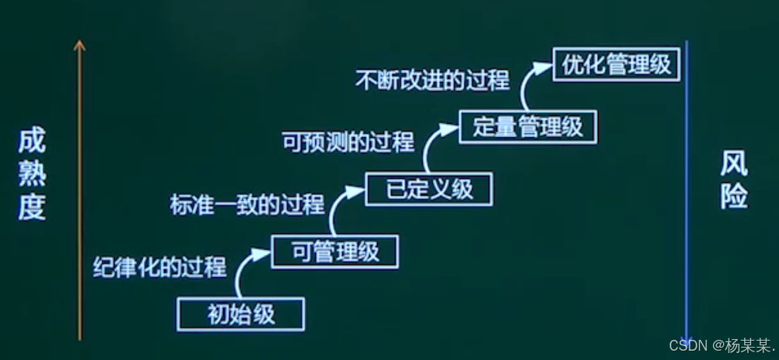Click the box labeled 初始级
click(x=241, y=314)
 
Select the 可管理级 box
click(x=335, y=252)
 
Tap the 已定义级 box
click(x=428, y=189)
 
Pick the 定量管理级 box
click(x=527, y=126)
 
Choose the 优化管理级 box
click(x=616, y=65)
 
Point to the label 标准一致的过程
click(x=246, y=205)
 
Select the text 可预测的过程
click(x=347, y=142)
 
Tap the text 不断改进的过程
click(x=432, y=80)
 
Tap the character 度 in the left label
click(x=33, y=207)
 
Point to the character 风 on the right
click(x=733, y=164)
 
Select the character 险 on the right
click(x=733, y=197)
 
